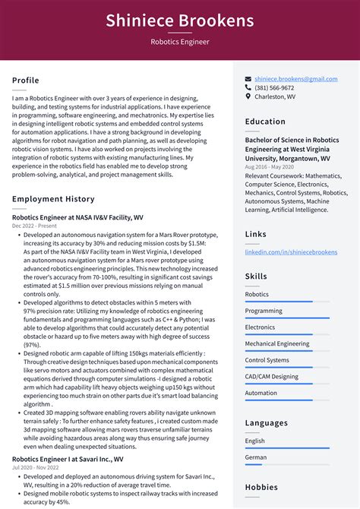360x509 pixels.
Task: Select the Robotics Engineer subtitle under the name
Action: pos(180,43)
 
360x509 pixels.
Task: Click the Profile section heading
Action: pos(26,81)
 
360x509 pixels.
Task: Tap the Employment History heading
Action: pos(53,199)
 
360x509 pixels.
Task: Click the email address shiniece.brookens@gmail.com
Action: pos(296,78)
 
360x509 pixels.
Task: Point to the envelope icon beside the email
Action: pos(248,78)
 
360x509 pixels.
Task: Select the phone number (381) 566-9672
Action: pos(274,87)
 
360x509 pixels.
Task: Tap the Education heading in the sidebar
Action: pos(266,121)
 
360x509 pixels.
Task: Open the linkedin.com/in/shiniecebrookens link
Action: pos(291,251)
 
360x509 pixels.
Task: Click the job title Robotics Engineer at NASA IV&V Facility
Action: pos(77,217)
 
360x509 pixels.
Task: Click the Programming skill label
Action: pos(264,311)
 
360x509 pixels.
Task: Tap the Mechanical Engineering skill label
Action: pos(277,343)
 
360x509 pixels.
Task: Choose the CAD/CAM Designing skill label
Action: pos(272,376)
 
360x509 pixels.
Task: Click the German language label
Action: pos(255,457)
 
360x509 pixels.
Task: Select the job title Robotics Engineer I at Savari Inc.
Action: pos(68,459)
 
